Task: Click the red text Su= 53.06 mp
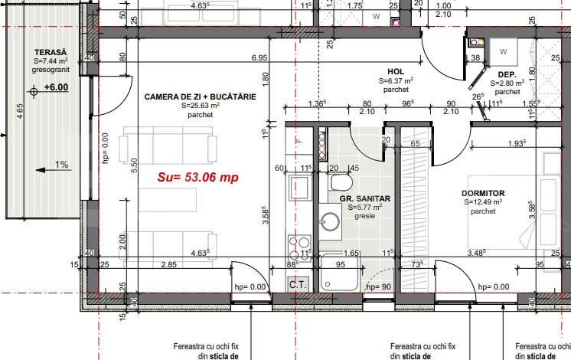click(198, 177)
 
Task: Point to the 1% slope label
click(61, 164)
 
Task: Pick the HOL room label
click(396, 70)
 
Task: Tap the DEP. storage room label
click(509, 74)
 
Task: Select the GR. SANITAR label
click(365, 198)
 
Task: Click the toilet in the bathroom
click(341, 184)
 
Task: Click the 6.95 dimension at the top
click(259, 58)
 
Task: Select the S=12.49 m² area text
click(485, 202)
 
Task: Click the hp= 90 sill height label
click(379, 286)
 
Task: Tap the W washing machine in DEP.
click(503, 52)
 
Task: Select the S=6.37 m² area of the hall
click(396, 80)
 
